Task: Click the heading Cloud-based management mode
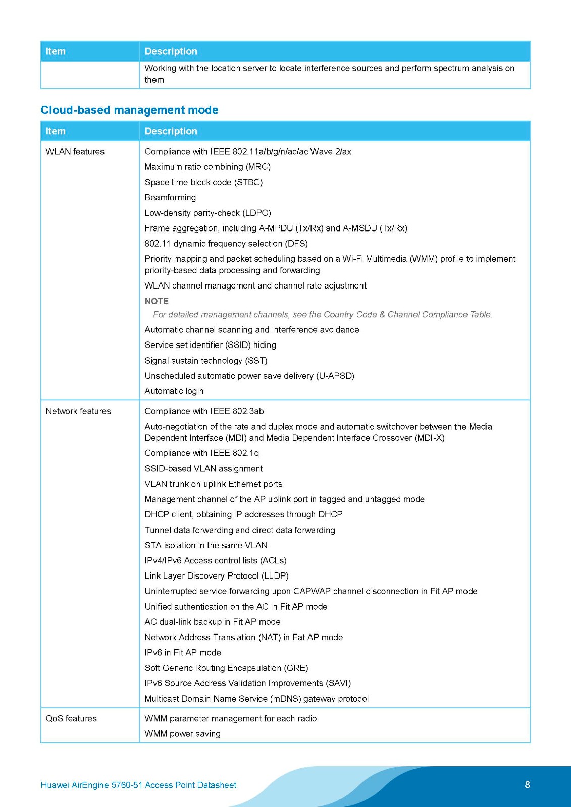click(x=129, y=110)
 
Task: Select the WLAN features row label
click(x=75, y=151)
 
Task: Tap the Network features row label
click(x=78, y=411)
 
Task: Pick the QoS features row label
click(x=71, y=718)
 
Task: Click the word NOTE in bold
click(x=157, y=301)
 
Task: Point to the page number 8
click(x=527, y=784)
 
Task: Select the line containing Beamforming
click(x=170, y=197)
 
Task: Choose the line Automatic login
click(x=174, y=391)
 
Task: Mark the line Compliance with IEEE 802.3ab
click(x=204, y=411)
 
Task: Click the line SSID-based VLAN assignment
click(x=203, y=469)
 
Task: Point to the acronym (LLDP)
click(x=275, y=576)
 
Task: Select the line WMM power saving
click(x=182, y=734)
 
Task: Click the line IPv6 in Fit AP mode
click(x=183, y=653)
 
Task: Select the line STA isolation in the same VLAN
click(x=206, y=545)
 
